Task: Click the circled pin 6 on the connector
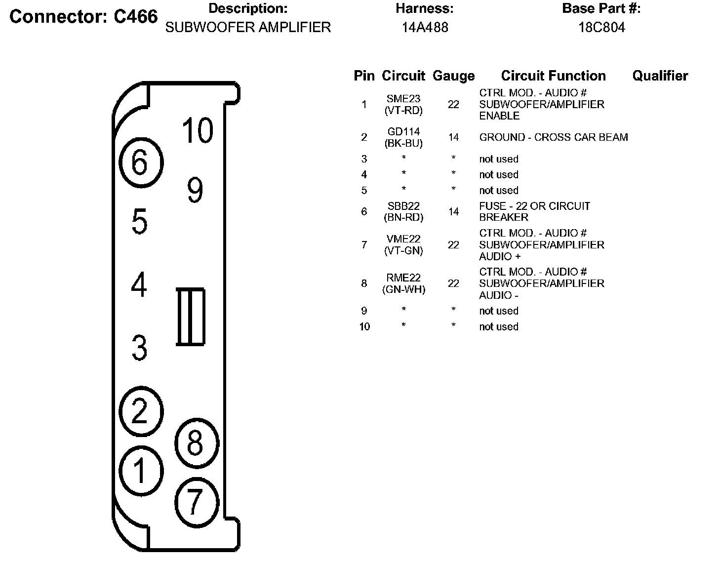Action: pyautogui.click(x=142, y=162)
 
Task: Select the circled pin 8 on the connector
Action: pyautogui.click(x=197, y=442)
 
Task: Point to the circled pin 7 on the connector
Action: pyautogui.click(x=197, y=501)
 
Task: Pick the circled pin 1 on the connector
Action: pyautogui.click(x=142, y=470)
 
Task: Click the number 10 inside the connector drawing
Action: pyautogui.click(x=198, y=131)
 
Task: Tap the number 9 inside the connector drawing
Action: pyautogui.click(x=195, y=190)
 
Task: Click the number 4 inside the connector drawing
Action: pyautogui.click(x=139, y=285)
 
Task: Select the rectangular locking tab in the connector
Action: pyautogui.click(x=191, y=317)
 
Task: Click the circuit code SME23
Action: pyautogui.click(x=403, y=99)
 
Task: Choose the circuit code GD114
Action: pyautogui.click(x=403, y=132)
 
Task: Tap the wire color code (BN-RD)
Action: pyautogui.click(x=403, y=217)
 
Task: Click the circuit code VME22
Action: pyautogui.click(x=403, y=239)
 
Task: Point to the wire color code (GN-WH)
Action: pyautogui.click(x=403, y=290)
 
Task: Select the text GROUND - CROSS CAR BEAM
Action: pyautogui.click(x=554, y=137)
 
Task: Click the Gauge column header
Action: pyautogui.click(x=453, y=76)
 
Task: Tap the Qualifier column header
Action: pyautogui.click(x=660, y=76)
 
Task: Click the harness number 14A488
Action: pyautogui.click(x=425, y=28)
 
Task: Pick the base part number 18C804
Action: pyautogui.click(x=601, y=28)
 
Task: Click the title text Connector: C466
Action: pyautogui.click(x=83, y=17)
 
